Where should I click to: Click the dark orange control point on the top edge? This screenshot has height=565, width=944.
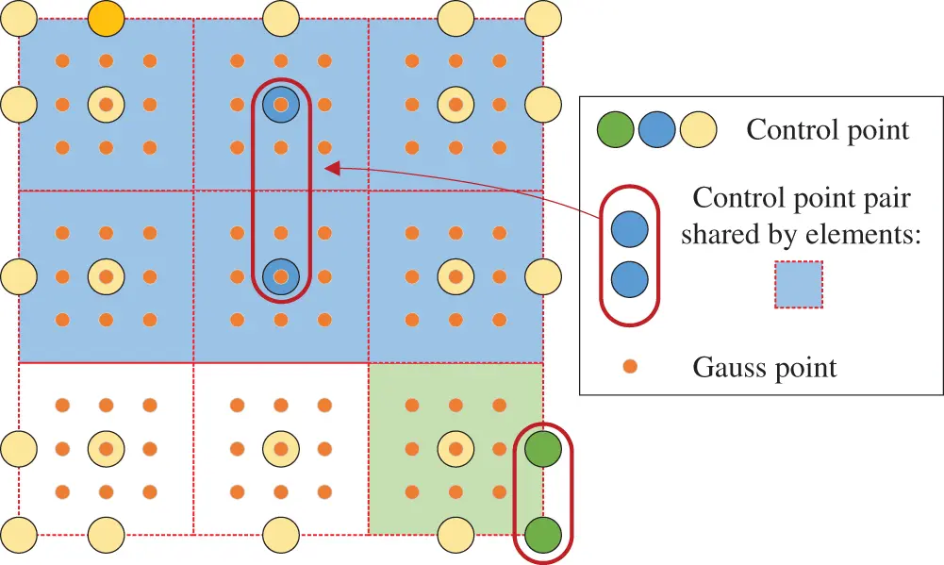[107, 18]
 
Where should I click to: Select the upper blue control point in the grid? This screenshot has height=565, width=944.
[280, 103]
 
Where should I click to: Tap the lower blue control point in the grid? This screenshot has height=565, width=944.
[280, 275]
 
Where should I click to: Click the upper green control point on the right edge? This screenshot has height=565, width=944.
[543, 449]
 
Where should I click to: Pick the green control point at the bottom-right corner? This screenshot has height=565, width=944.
[543, 534]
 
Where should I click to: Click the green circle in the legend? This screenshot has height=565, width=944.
[615, 130]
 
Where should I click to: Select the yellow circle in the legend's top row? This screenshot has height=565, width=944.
[698, 130]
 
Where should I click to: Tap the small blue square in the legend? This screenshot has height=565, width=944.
[799, 285]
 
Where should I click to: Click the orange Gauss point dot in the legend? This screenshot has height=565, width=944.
[631, 366]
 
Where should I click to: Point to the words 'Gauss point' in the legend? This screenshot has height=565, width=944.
[765, 367]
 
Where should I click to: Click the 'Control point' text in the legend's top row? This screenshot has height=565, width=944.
[827, 130]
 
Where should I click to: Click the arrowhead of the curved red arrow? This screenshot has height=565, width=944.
[331, 169]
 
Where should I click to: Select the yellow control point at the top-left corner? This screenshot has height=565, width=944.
[19, 16]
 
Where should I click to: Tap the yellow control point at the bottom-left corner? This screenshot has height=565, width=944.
[19, 534]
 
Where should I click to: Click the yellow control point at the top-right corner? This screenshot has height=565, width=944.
[543, 16]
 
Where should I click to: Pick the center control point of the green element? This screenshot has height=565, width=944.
[455, 449]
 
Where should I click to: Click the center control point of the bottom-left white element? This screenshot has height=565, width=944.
[107, 449]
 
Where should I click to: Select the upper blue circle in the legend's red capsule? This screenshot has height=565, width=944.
[630, 229]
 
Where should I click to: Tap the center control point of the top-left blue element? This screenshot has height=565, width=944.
[107, 103]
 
